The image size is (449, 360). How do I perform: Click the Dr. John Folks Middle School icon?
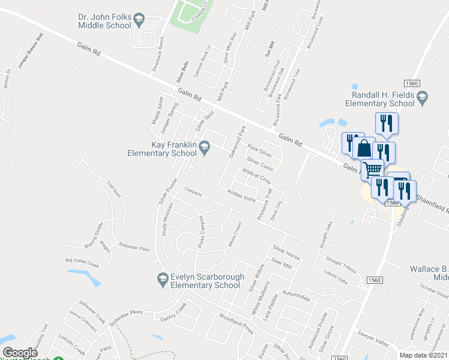(139, 20)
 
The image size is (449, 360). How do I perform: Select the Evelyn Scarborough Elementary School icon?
(161, 278)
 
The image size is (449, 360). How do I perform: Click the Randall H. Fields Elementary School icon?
(422, 97)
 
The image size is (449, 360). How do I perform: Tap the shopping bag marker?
(364, 148)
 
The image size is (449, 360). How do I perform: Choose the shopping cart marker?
(372, 169)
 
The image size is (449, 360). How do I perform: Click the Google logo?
(20, 353)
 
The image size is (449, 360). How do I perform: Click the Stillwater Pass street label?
(134, 246)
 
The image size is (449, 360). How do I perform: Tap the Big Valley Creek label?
(82, 261)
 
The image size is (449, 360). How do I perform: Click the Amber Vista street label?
(241, 195)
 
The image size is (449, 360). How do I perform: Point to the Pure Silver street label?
(260, 150)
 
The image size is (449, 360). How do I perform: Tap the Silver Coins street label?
(260, 164)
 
